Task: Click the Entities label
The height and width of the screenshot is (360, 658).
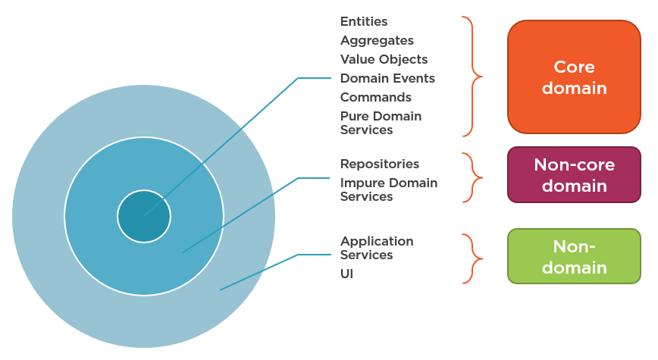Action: click(x=364, y=21)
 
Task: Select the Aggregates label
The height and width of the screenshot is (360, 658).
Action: click(x=377, y=40)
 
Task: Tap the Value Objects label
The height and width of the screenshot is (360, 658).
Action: click(x=384, y=59)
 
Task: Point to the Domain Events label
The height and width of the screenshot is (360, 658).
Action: click(x=387, y=78)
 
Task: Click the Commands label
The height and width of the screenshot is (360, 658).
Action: click(x=375, y=97)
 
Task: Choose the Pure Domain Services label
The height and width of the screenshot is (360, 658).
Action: click(x=381, y=123)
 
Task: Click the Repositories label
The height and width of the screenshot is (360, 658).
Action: click(x=379, y=164)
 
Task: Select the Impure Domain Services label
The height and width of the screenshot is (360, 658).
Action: click(x=388, y=189)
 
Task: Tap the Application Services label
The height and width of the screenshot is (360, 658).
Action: click(x=377, y=248)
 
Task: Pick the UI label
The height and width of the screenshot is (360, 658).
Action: click(x=346, y=274)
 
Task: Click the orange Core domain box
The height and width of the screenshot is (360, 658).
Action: click(x=574, y=77)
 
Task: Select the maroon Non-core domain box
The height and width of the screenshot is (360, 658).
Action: click(x=574, y=175)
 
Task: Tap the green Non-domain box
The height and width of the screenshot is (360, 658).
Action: click(x=574, y=256)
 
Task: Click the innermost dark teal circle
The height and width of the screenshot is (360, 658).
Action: click(x=143, y=216)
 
